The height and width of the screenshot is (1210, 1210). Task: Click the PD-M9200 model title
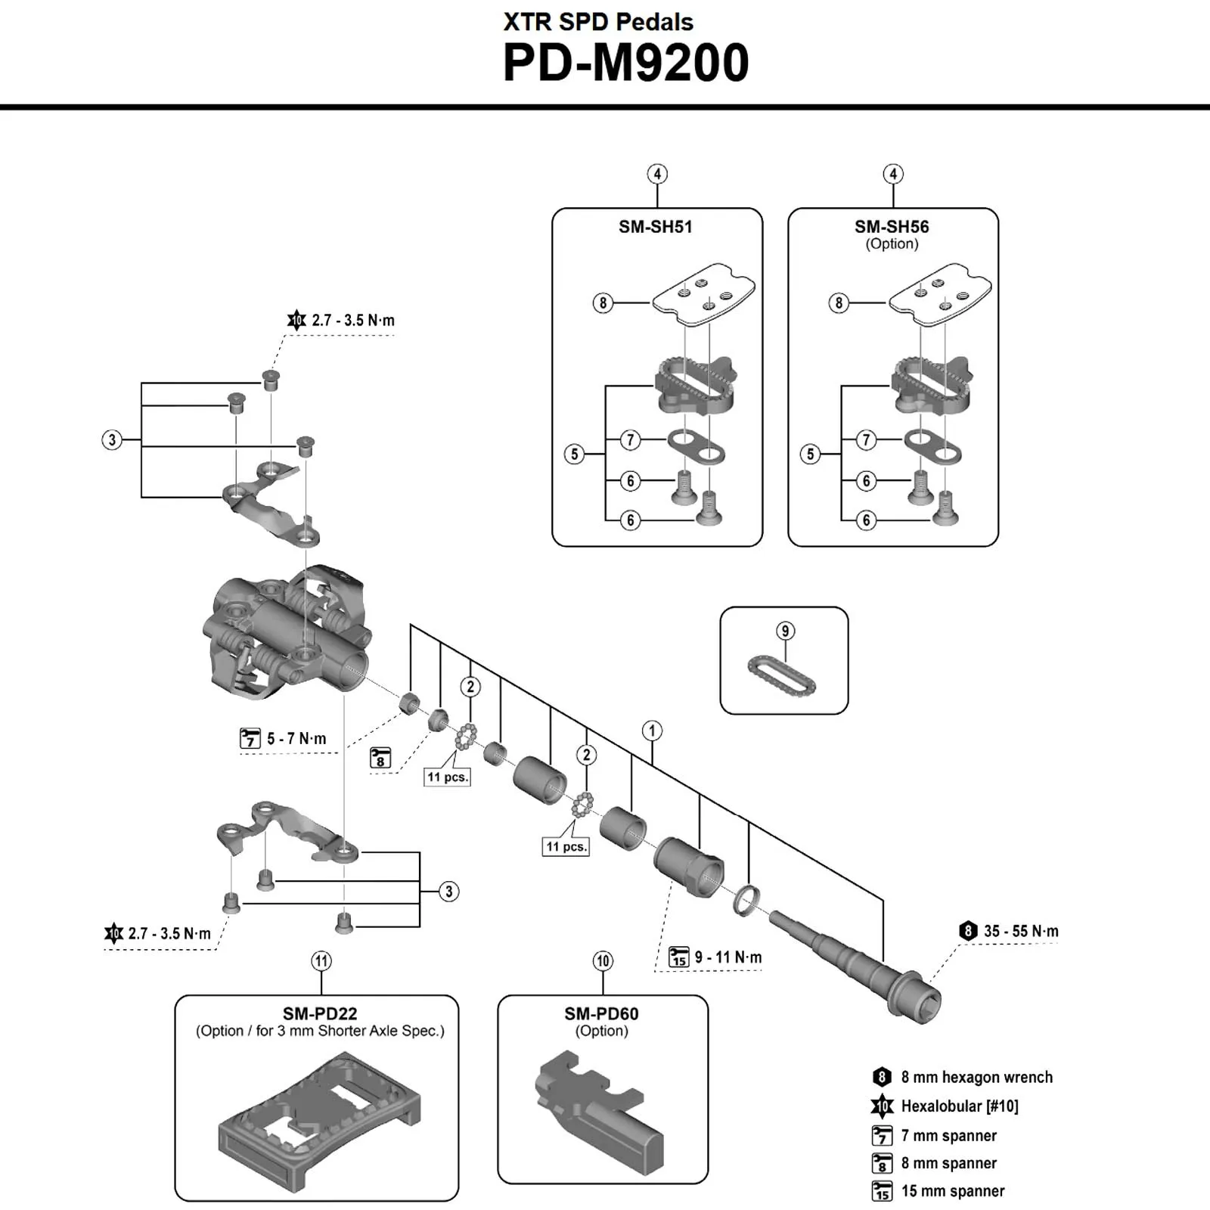[x=625, y=63]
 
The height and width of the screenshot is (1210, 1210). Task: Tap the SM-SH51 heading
[x=656, y=227]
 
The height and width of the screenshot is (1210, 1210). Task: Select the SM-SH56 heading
[x=892, y=227]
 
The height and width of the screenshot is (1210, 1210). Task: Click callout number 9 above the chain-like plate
[x=785, y=631]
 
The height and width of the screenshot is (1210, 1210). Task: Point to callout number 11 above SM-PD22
[x=321, y=961]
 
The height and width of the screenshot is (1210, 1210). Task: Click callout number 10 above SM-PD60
[x=603, y=961]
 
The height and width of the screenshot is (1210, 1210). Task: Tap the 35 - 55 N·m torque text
[x=1021, y=931]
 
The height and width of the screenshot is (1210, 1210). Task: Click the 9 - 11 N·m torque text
[x=728, y=957]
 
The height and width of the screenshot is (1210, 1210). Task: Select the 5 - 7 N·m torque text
[x=296, y=739]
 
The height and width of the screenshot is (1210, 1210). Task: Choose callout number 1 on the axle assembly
[x=652, y=731]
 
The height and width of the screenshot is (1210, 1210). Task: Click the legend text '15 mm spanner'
[x=952, y=1191]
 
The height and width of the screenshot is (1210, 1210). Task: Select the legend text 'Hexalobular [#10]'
[x=959, y=1106]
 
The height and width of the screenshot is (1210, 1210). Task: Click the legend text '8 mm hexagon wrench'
[x=976, y=1078]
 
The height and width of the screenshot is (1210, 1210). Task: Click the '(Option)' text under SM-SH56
[x=892, y=244]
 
